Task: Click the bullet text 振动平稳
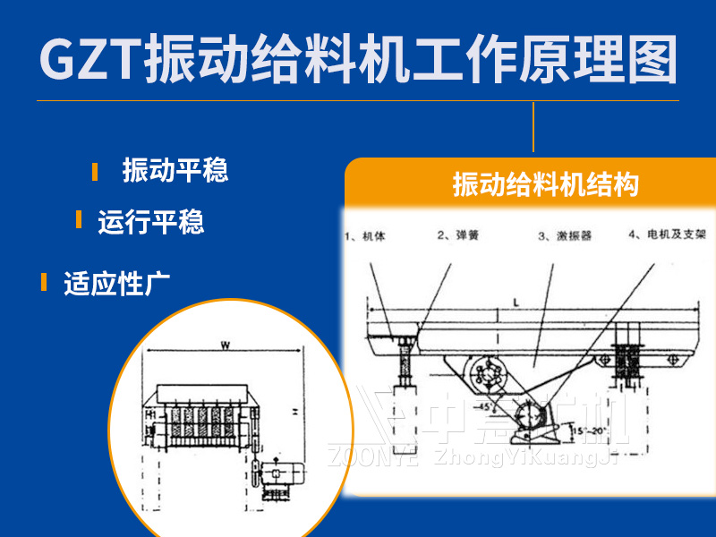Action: point(175,169)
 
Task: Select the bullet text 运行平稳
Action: point(151,221)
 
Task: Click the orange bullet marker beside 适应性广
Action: point(43,283)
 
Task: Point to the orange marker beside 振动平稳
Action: point(95,171)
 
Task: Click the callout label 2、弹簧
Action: point(457,236)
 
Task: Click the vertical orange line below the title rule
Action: point(533,127)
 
